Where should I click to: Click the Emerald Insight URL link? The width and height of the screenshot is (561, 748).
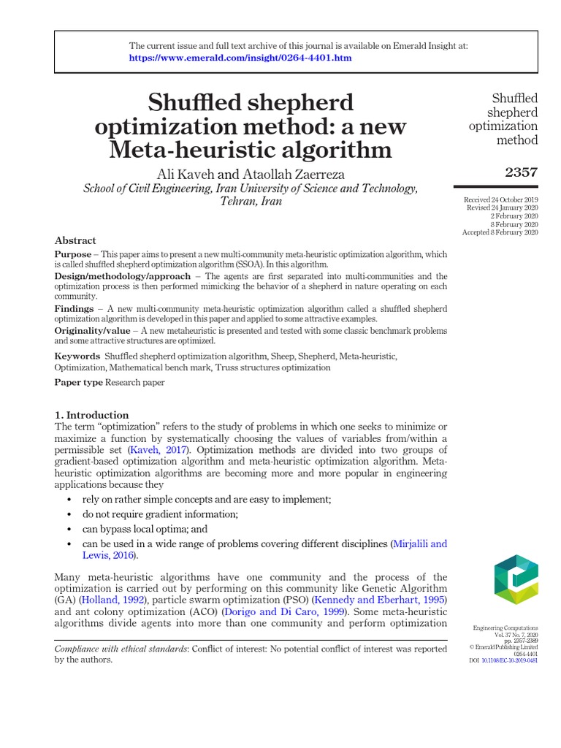click(x=242, y=58)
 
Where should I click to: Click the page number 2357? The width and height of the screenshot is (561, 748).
click(x=521, y=172)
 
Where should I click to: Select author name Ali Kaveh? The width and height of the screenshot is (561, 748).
click(x=186, y=174)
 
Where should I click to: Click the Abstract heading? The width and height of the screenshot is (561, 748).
click(x=75, y=240)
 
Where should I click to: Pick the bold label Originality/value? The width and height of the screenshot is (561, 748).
click(x=92, y=330)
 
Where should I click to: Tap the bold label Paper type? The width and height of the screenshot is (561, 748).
click(x=79, y=382)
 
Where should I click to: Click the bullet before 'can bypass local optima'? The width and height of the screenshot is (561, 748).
click(x=69, y=529)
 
